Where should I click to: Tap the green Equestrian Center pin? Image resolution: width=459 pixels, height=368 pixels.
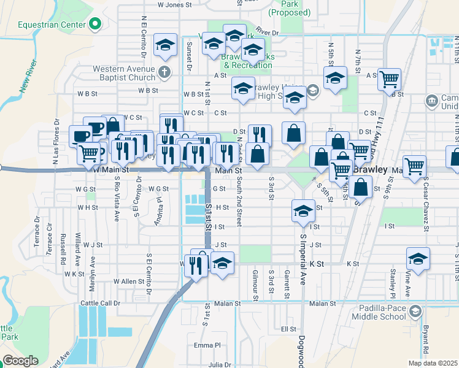tap(94, 25)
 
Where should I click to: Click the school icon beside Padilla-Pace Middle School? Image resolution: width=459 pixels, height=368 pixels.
tap(416, 312)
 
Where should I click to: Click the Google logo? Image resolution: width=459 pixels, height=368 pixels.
tap(21, 360)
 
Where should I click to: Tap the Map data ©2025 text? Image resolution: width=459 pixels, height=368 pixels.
tap(432, 363)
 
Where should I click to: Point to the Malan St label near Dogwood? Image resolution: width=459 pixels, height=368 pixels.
tap(323, 304)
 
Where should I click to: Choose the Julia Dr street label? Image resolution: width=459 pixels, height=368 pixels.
tap(219, 364)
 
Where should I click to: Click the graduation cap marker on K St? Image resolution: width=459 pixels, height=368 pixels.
tap(418, 258)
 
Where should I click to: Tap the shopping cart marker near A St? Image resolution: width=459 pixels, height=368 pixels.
tap(388, 79)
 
